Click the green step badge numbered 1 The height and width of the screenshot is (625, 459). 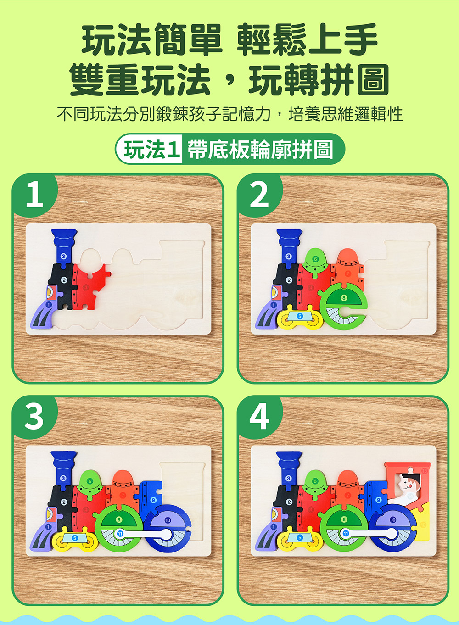tap(34, 195)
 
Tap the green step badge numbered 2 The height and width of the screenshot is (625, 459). tap(259, 195)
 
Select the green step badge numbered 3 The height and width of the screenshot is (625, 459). tap(34, 417)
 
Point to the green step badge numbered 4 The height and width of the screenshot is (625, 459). tap(259, 417)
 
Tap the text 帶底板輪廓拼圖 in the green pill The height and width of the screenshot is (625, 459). tap(260, 149)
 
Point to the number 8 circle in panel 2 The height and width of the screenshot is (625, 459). tap(344, 298)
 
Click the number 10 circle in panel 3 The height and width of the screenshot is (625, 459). tap(168, 520)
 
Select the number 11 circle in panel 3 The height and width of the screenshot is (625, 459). tap(120, 533)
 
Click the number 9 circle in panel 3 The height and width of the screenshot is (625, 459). tap(153, 500)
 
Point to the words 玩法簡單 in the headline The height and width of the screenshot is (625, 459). tap(151, 40)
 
